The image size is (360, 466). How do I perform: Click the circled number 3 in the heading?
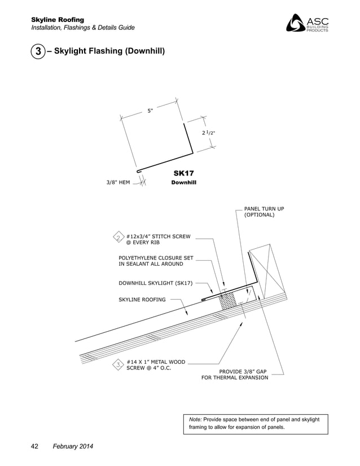click(37, 52)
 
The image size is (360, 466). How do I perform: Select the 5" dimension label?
click(150, 111)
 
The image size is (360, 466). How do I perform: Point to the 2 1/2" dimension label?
click(208, 133)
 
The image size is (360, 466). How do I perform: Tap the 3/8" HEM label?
click(118, 182)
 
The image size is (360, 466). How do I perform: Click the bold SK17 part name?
click(183, 173)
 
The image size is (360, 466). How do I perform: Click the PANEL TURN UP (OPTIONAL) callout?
click(264, 212)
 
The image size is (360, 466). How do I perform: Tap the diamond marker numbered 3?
click(118, 364)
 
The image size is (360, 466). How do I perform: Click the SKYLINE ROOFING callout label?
click(142, 300)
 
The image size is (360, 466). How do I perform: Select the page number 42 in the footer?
click(34, 447)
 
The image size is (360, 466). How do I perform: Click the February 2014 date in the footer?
click(73, 447)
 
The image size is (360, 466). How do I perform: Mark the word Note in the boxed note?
click(195, 420)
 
